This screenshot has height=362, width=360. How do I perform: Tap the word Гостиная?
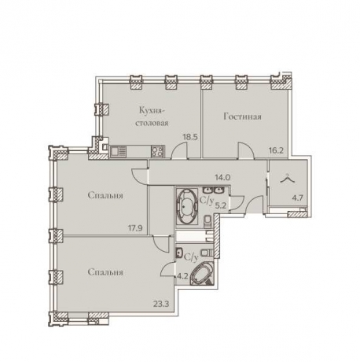click(241, 117)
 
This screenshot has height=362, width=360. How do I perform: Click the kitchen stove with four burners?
click(156, 152)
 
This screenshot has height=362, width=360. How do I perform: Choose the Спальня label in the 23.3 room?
click(104, 272)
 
